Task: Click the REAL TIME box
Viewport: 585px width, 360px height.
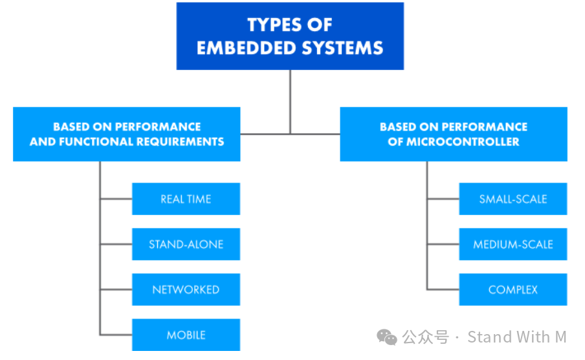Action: point(186,199)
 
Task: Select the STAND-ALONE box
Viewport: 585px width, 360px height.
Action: point(186,244)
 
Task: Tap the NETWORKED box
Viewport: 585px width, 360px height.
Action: point(186,289)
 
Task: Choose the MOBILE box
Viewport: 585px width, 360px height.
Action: point(186,335)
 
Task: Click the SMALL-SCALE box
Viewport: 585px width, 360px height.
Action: point(513,199)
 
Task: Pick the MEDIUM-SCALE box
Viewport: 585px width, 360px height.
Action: point(513,244)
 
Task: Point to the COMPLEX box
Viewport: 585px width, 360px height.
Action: point(513,289)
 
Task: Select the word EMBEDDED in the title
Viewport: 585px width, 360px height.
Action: point(240,48)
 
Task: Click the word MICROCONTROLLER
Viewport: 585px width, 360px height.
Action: point(463,142)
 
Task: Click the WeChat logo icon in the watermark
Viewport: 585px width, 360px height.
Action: point(387,337)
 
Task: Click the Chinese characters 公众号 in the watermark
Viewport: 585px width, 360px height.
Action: point(425,337)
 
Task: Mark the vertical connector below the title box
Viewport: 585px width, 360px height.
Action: point(290,100)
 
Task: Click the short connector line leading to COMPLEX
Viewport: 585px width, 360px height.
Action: point(443,289)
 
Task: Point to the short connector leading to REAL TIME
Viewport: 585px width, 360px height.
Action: point(116,199)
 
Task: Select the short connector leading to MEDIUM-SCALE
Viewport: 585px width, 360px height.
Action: point(443,244)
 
